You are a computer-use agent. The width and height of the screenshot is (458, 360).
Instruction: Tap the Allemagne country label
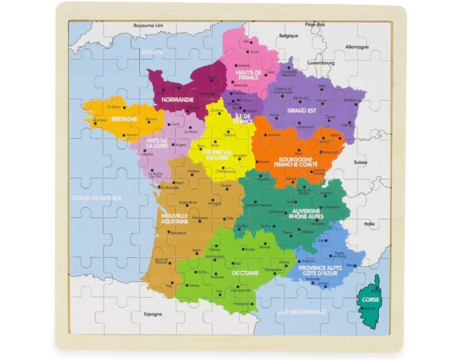tap(356, 47)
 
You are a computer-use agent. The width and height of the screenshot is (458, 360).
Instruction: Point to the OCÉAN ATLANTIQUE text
tap(96, 196)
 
